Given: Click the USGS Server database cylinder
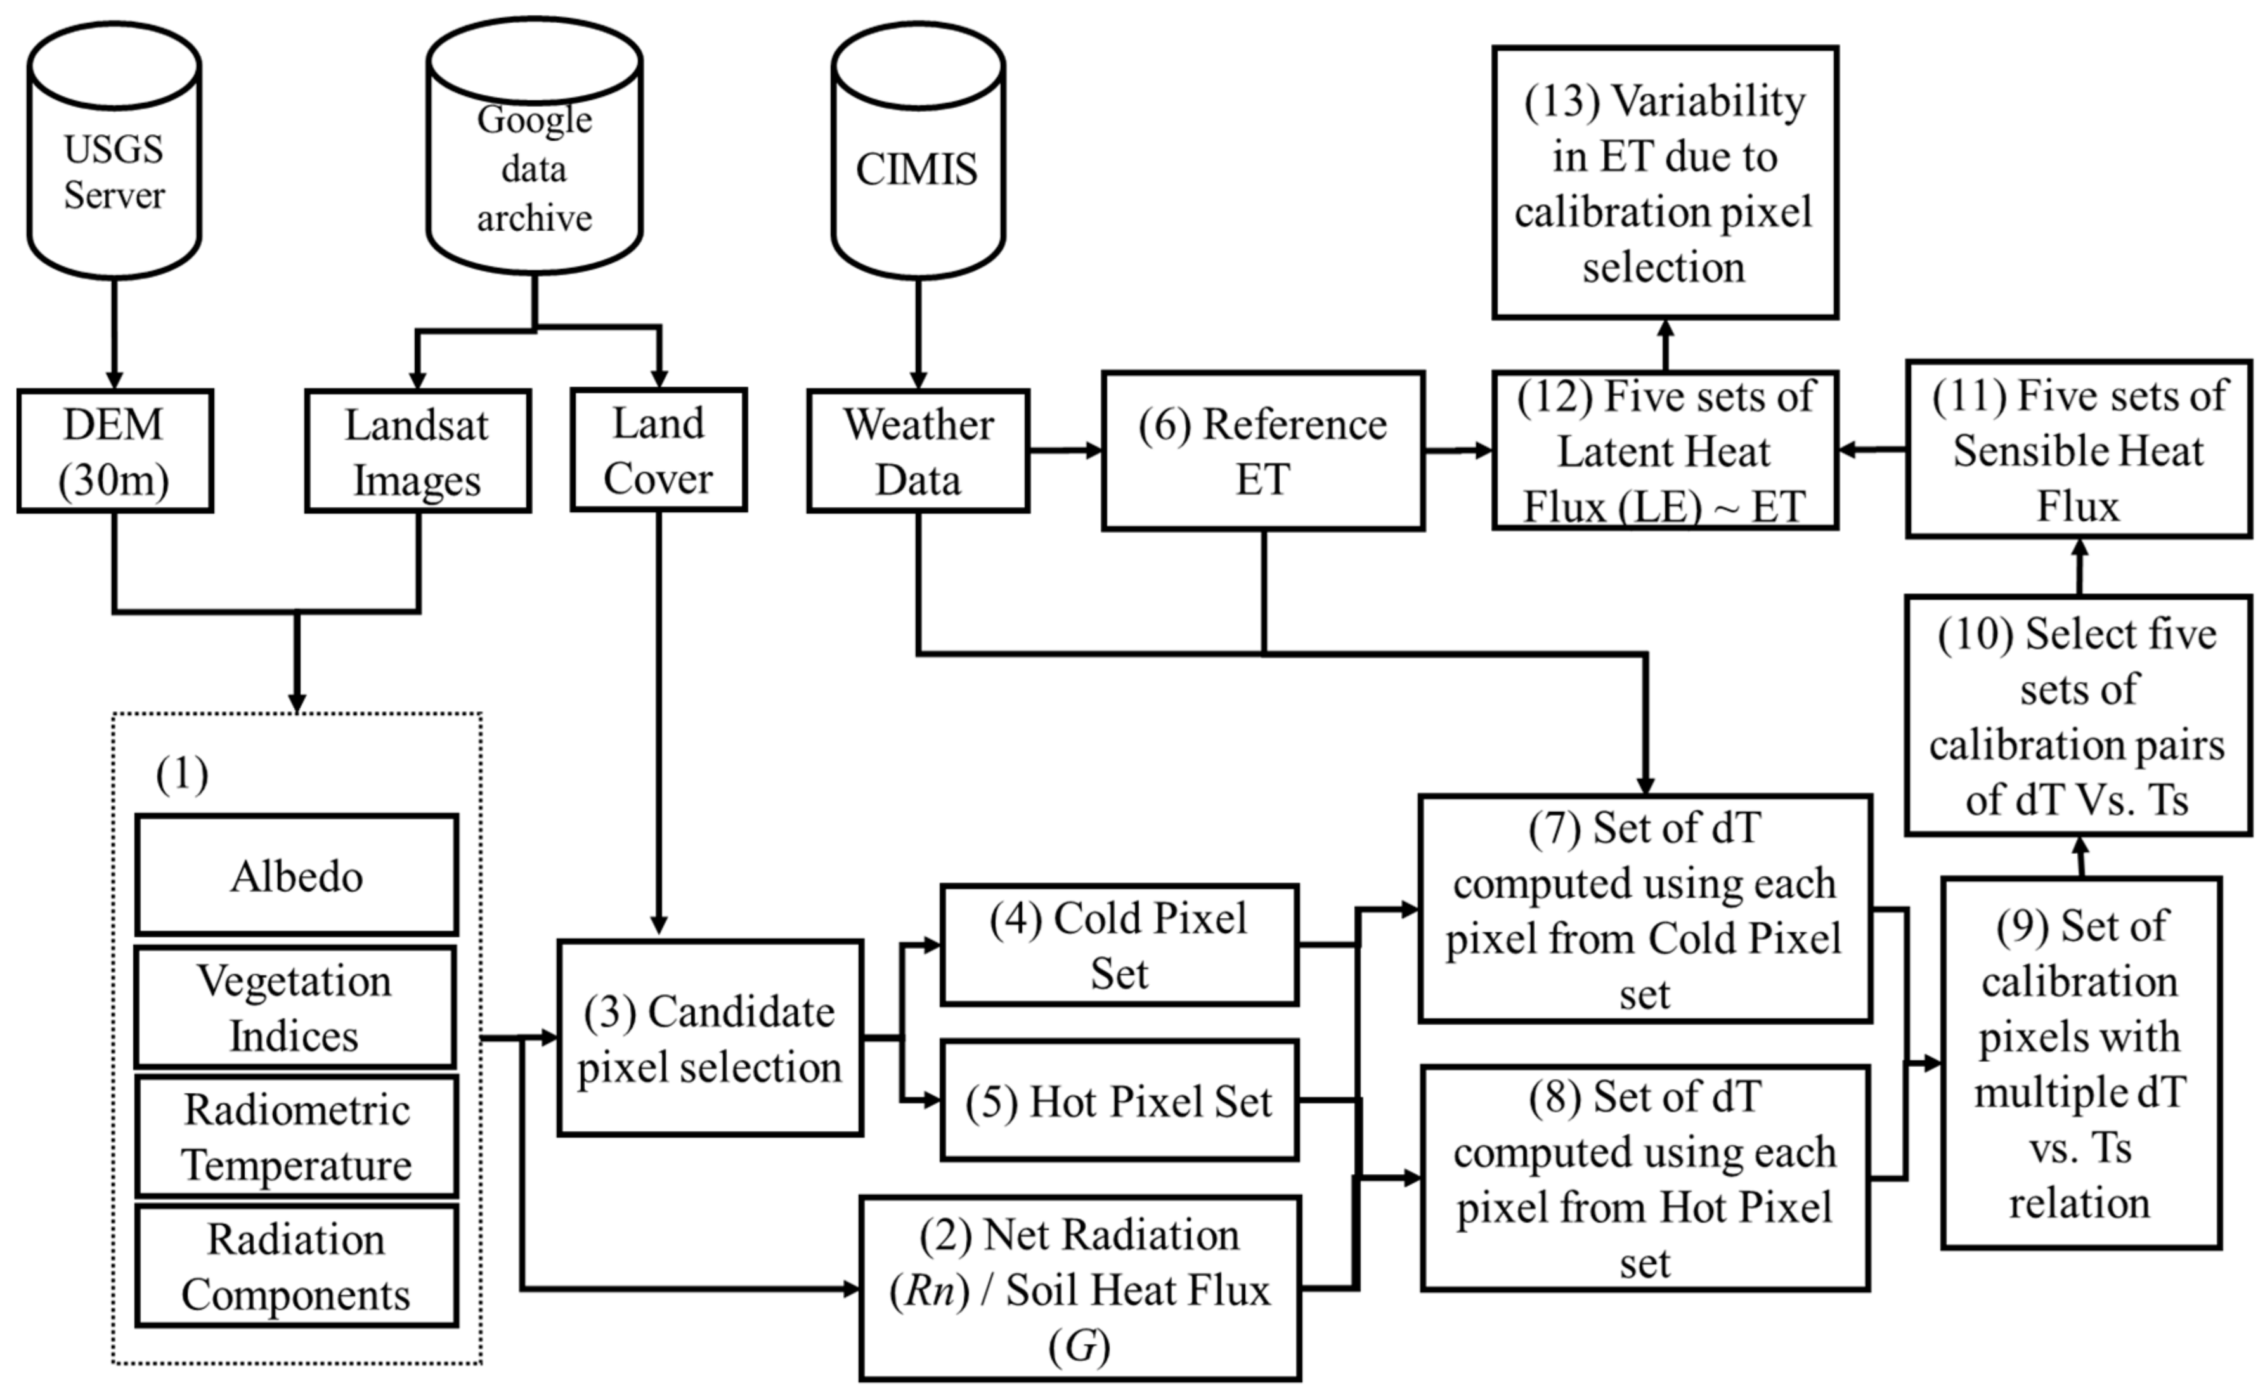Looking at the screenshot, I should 114,152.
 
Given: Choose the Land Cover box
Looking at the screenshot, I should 658,450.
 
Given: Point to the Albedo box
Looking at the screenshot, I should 296,875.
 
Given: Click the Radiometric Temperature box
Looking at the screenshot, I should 296,1137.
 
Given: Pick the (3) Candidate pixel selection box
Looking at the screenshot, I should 710,1039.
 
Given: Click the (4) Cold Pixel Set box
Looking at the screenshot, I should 1119,945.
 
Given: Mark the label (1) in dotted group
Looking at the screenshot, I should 182,774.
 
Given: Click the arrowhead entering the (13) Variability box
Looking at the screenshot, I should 1665,329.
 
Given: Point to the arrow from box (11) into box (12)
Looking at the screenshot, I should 1870,450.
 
